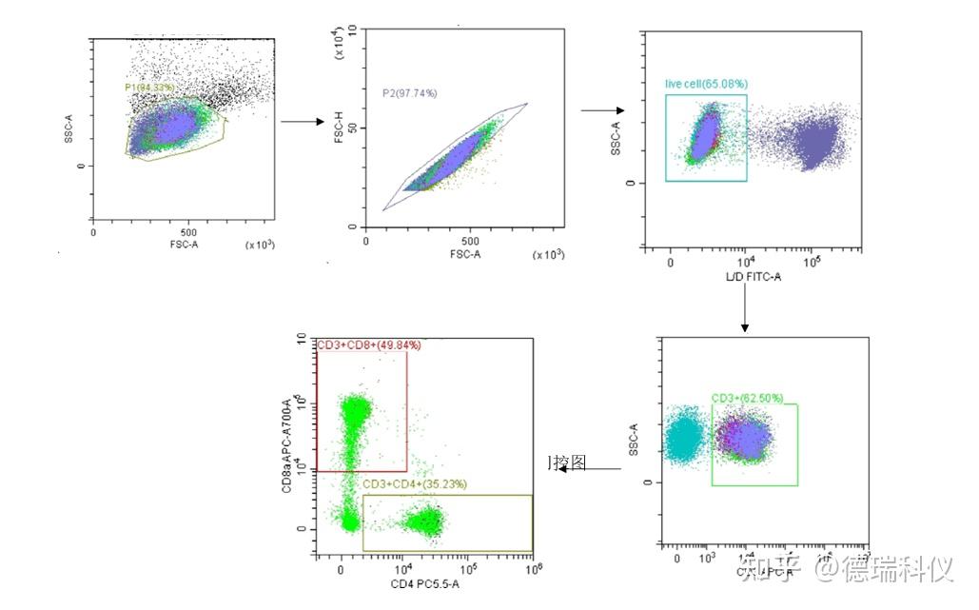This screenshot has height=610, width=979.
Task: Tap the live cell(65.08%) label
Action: tap(705, 84)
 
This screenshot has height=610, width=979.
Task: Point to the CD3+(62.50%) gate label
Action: tap(747, 398)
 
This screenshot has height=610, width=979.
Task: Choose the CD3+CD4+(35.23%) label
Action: tap(415, 483)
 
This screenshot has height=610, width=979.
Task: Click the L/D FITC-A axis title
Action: tap(751, 275)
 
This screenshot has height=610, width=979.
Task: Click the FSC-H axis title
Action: tap(339, 129)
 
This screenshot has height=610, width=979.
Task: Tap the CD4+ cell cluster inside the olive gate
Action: tap(422, 521)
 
